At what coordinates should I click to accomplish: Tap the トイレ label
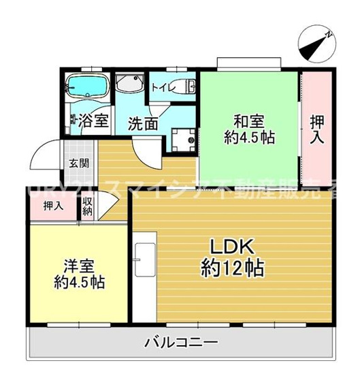point(161,86)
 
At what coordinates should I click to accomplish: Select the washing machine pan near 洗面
point(182,139)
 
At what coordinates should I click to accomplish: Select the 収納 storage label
point(88,206)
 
